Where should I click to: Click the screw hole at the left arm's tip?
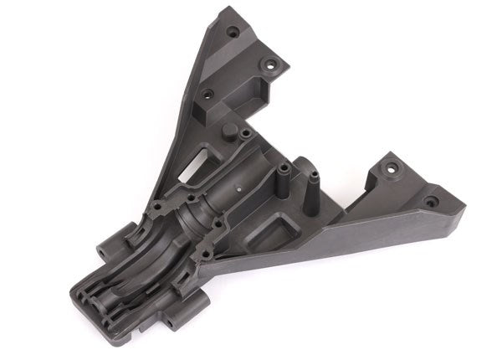coord(232,31)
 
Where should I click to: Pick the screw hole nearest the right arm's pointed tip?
coord(430,202)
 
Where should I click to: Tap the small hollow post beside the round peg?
coord(244,134)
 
